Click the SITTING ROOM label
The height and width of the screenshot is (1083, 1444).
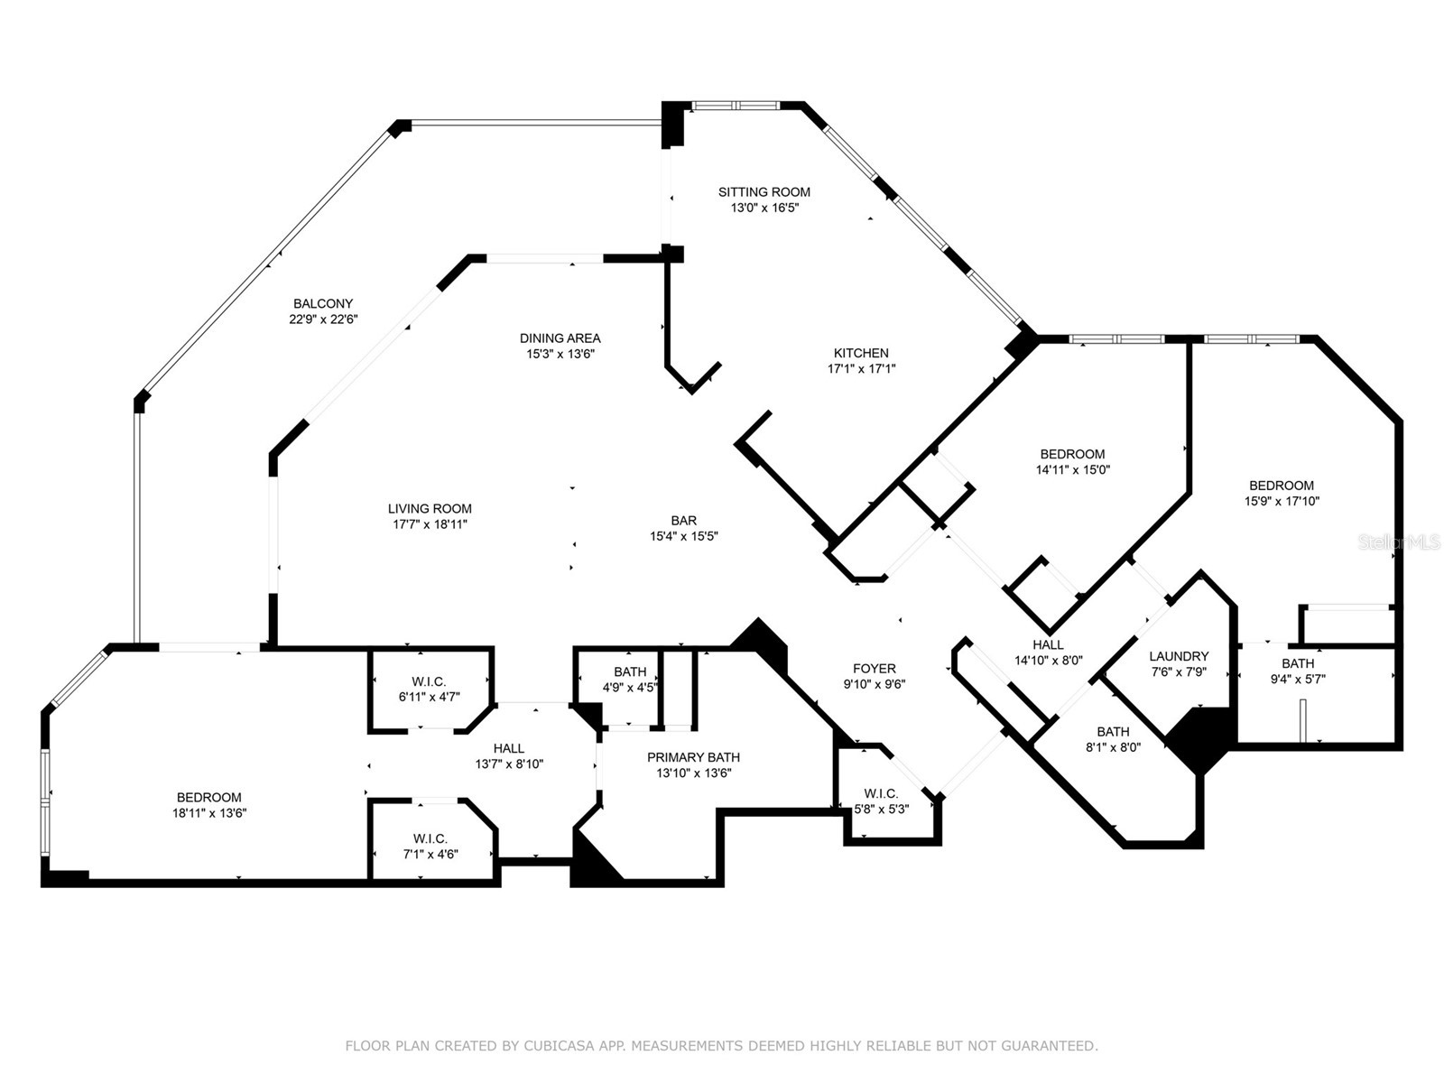point(764,191)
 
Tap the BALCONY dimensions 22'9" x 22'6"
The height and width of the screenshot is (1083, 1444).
point(322,319)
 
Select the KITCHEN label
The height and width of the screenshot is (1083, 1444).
point(860,353)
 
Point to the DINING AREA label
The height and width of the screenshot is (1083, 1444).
point(560,338)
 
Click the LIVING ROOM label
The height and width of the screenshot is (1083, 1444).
point(430,508)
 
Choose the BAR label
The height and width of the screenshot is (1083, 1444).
point(683,520)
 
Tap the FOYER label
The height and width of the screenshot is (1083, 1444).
point(874,668)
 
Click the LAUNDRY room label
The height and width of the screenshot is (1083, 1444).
point(1179,656)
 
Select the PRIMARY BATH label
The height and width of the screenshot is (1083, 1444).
point(692,757)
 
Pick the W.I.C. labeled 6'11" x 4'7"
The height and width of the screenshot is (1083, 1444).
point(429,697)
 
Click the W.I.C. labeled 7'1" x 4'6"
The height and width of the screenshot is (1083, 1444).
point(430,854)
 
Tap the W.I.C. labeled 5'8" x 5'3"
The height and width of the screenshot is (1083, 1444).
point(881,809)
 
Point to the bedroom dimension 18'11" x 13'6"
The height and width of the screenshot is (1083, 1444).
point(209,812)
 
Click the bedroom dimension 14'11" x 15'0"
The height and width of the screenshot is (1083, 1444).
point(1072,469)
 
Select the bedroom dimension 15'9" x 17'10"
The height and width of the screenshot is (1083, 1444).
point(1282,501)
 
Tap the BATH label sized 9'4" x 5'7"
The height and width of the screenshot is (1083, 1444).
point(1297,663)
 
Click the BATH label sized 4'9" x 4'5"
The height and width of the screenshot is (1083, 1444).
point(629,671)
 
